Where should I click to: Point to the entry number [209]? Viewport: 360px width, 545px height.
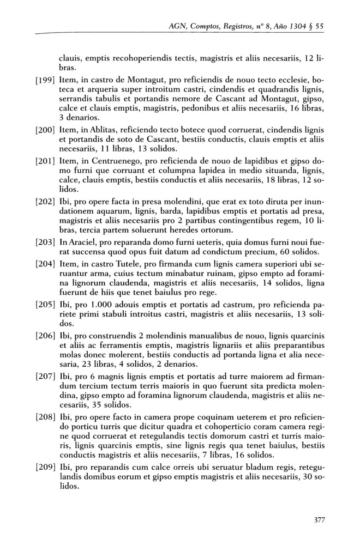[x=45, y=468]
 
